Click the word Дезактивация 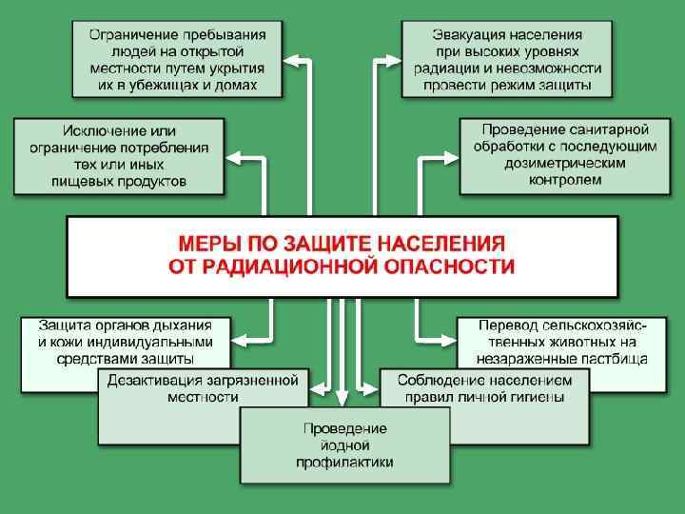153,380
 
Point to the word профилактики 343,462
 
